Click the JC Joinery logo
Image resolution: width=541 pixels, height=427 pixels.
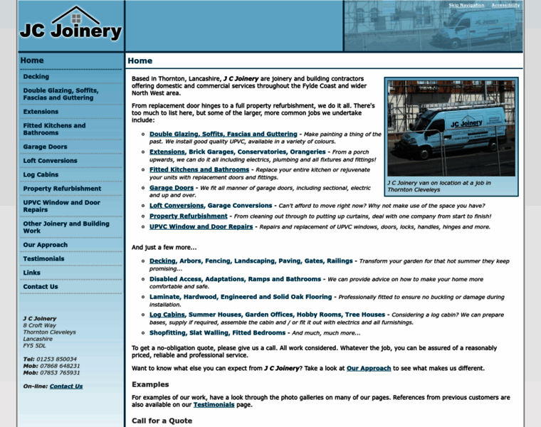tap(71, 26)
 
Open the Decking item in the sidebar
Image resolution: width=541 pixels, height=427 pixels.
tap(36, 76)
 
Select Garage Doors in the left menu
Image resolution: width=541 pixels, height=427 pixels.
tap(45, 147)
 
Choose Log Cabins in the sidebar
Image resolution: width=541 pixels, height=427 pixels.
tap(41, 174)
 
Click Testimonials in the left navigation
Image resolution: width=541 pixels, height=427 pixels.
tap(43, 258)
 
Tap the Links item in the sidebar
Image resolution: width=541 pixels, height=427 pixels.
tap(32, 273)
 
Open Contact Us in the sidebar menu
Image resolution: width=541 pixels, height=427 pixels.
tap(41, 287)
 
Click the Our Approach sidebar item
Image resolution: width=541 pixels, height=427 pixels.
tap(46, 245)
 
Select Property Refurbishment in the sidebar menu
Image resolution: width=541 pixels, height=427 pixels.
tap(62, 189)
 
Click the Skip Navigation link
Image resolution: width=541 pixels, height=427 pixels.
tap(466, 5)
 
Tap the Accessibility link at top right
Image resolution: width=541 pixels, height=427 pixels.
tap(505, 5)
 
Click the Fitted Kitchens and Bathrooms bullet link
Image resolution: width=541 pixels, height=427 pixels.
tap(199, 170)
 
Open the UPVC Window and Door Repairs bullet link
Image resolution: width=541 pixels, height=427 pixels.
tap(201, 227)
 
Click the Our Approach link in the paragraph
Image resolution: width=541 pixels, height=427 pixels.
tap(369, 368)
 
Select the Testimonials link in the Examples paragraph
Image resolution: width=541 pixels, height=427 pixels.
tap(214, 404)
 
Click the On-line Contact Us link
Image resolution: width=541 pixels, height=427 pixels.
tap(66, 386)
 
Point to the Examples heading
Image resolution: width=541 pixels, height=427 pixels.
tap(150, 384)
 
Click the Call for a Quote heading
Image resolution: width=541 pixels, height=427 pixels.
tap(162, 421)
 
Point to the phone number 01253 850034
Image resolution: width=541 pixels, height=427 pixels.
tap(57, 359)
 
